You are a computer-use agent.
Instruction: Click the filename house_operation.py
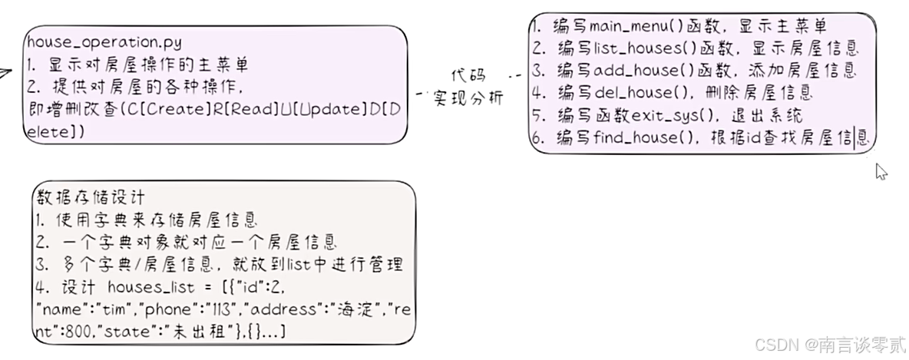point(104,43)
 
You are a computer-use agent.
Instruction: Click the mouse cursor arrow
point(881,171)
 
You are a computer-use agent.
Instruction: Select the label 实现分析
point(468,98)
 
